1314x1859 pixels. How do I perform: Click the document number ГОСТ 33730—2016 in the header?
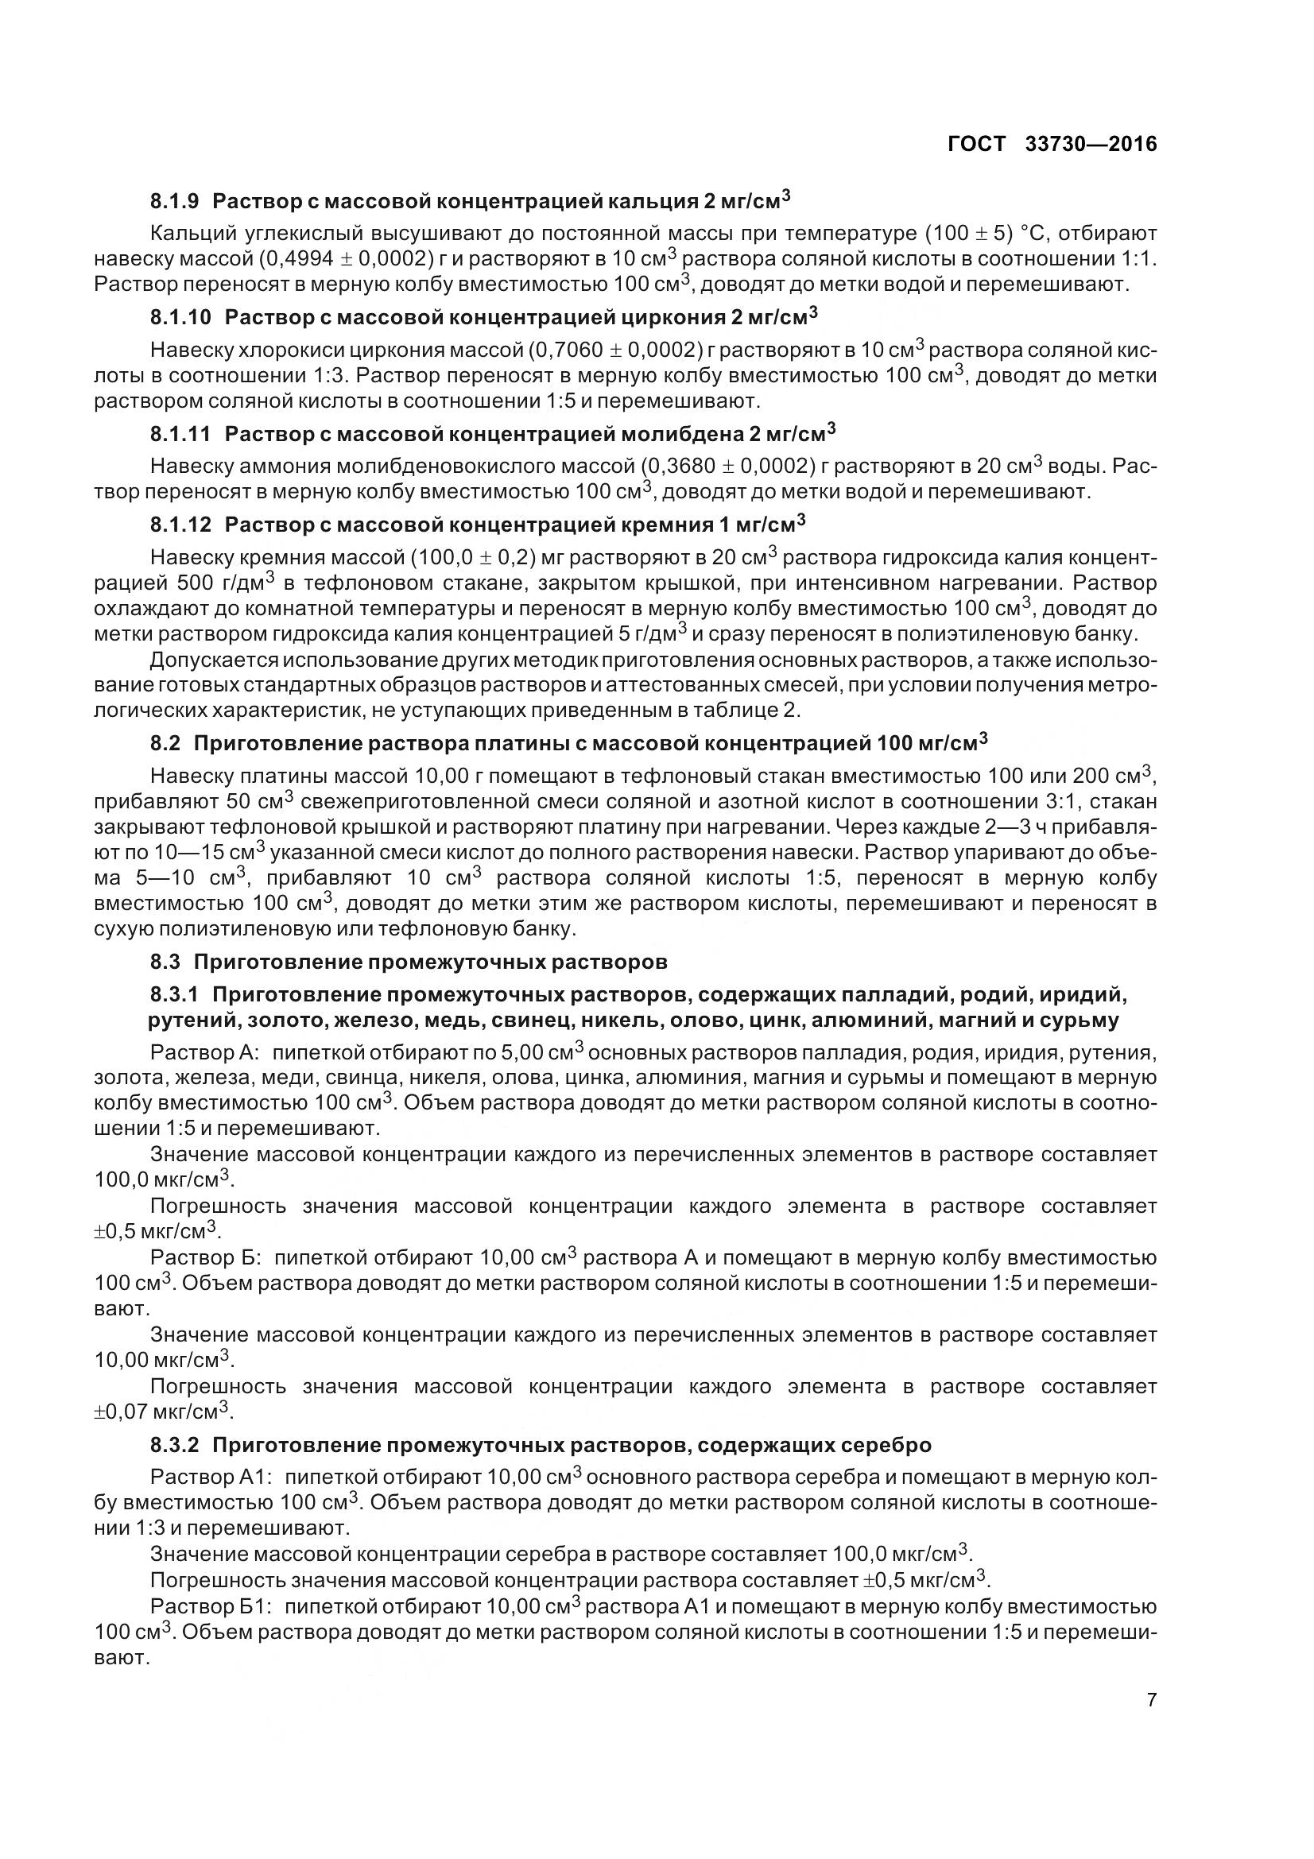coord(1052,144)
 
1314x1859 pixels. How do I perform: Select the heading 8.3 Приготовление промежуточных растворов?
coord(408,962)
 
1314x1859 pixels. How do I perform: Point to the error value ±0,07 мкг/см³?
coord(162,1412)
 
